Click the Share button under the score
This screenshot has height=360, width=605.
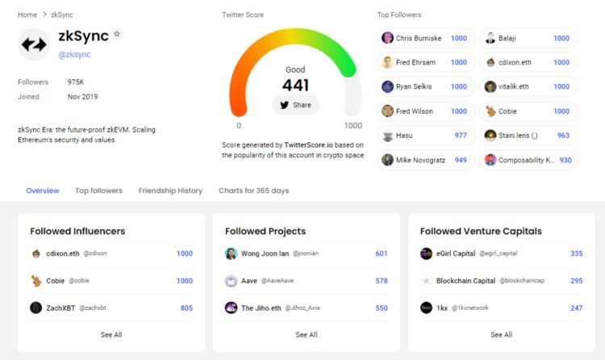(295, 105)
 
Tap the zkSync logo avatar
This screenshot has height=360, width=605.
(33, 45)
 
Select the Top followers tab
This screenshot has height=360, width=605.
(98, 191)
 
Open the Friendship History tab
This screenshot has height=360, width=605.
(170, 191)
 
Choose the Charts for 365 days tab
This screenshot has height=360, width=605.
(253, 191)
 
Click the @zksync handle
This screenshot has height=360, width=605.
(74, 55)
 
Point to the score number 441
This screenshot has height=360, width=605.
(295, 85)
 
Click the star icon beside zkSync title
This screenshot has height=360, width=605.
(117, 35)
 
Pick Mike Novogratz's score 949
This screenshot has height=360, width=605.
(461, 160)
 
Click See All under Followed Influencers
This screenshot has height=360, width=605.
(111, 334)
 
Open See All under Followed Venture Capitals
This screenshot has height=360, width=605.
(502, 334)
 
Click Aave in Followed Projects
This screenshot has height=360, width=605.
(249, 281)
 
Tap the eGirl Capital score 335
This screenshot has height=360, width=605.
(576, 253)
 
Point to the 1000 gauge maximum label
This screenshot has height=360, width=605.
(353, 126)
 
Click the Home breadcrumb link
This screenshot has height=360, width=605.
(27, 15)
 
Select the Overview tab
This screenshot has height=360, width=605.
(42, 191)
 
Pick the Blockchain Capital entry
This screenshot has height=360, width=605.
(466, 281)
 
